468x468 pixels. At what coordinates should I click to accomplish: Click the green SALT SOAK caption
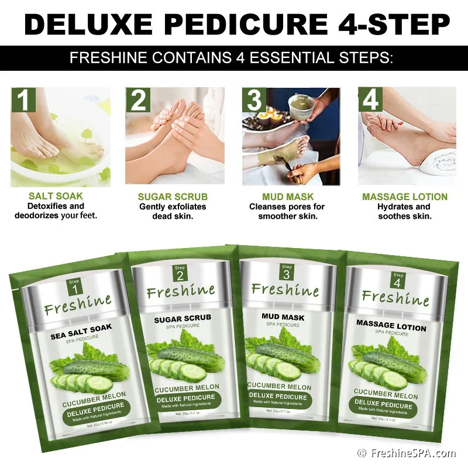[56, 197]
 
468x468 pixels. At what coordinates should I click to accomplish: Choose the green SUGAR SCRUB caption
[173, 197]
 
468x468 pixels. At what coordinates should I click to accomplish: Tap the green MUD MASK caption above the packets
[288, 197]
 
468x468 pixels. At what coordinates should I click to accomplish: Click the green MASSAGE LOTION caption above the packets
[405, 197]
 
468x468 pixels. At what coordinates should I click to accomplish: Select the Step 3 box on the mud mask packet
[285, 273]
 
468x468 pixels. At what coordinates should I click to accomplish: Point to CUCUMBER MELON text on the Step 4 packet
[386, 395]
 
